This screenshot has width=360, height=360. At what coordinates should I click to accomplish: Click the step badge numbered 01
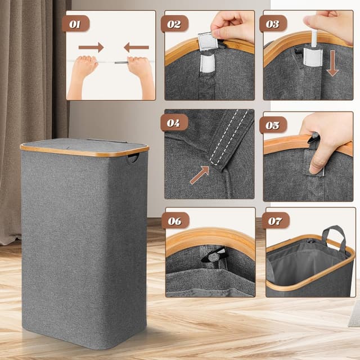pos(75,24)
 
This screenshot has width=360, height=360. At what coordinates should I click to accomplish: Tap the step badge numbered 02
pos(174,24)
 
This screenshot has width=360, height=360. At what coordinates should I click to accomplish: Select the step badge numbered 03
pos(273,24)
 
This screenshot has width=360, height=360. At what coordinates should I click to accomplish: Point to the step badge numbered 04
pos(174,123)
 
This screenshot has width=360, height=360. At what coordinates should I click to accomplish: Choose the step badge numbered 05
pos(273,125)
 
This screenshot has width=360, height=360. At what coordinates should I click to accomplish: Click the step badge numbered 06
pos(175,221)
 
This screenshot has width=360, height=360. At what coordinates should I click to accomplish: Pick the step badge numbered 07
pos(276,221)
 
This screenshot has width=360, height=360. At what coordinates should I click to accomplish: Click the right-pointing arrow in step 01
pos(91,47)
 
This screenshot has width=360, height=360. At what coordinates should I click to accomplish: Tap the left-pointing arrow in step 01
pos(136,47)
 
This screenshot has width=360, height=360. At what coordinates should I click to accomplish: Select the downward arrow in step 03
pos(332,64)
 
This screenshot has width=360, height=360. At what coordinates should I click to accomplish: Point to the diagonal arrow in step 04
pos(199,175)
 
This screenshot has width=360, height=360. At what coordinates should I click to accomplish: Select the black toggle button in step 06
pos(214,255)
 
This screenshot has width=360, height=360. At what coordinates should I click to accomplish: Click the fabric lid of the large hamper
pos(84,146)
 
